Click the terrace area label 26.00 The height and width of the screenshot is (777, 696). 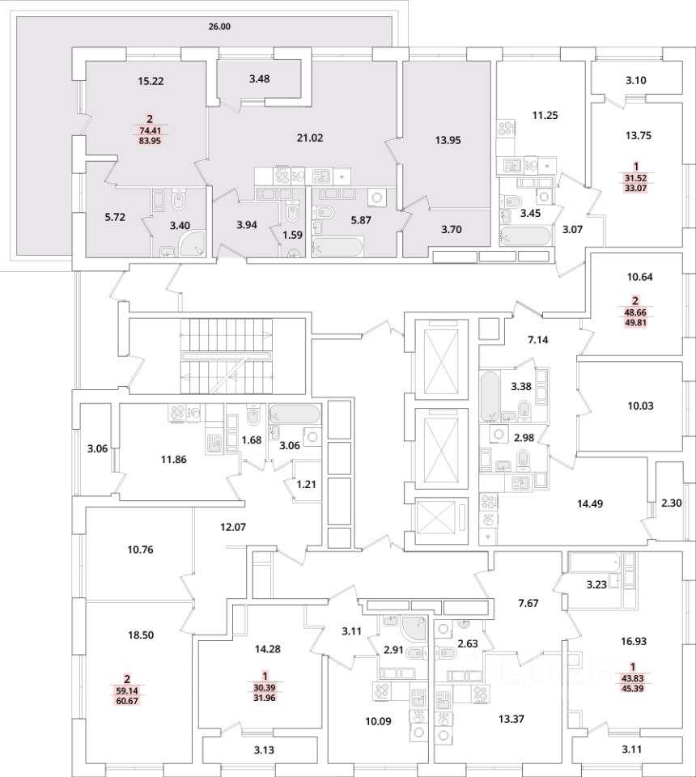coord(219,27)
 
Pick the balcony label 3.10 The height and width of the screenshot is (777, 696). coord(636,80)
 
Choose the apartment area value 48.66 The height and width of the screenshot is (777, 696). coord(634,311)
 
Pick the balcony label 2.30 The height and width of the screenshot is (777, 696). coord(672,503)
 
